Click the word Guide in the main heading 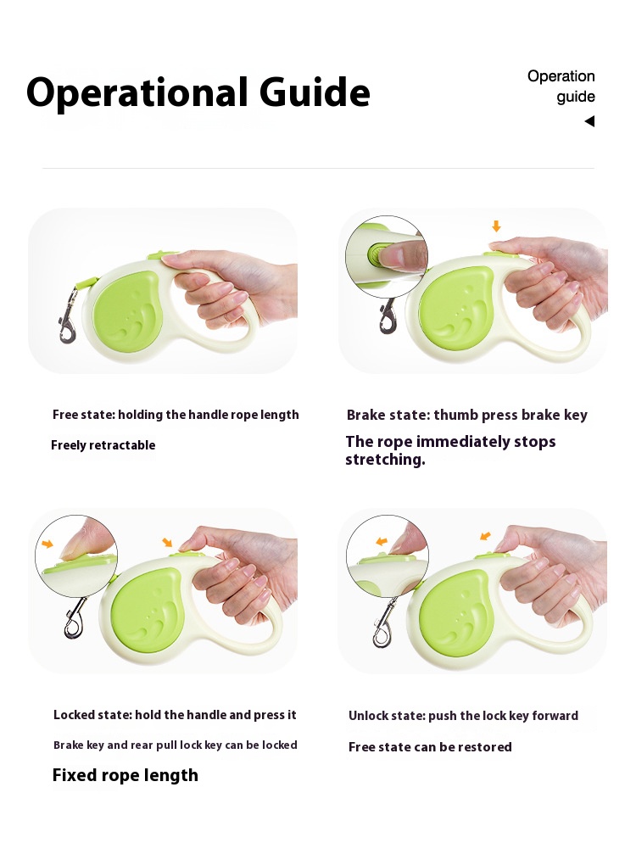[315, 92]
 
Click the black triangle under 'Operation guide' [589, 121]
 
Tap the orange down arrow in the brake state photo [496, 226]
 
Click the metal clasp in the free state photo [68, 315]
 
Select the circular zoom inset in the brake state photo [387, 257]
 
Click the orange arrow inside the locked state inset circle [47, 544]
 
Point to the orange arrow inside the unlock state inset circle [382, 541]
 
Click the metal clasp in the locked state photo [75, 617]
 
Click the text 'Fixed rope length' [126, 775]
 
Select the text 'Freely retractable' [103, 445]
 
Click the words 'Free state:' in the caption [83, 415]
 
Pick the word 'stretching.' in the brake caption [385, 460]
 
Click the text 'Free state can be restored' [430, 747]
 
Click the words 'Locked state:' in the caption [92, 715]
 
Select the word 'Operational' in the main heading [137, 93]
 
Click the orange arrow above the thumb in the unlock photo [485, 536]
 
